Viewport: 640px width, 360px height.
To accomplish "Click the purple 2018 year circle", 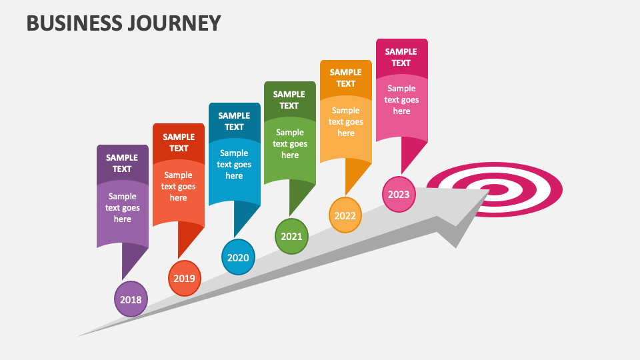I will [x=131, y=299].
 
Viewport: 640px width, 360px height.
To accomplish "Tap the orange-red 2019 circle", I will [x=184, y=278].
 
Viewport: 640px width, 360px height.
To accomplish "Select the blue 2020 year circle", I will [x=237, y=257].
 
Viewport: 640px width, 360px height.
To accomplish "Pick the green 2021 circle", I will [x=291, y=236].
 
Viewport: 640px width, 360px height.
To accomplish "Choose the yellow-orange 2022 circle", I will [x=345, y=215].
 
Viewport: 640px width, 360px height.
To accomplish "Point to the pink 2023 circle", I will [x=399, y=194].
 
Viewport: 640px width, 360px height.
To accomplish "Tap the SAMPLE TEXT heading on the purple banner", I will [x=122, y=163].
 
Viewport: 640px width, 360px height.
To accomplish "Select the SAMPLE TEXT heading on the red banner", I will [x=179, y=143].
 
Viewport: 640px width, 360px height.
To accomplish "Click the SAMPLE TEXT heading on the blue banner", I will [x=234, y=121].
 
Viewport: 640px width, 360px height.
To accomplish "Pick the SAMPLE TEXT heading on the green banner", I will [x=289, y=100].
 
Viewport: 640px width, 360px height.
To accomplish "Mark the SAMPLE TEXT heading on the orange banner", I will [x=345, y=78].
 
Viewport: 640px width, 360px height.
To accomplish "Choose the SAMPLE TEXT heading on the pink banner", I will [x=401, y=57].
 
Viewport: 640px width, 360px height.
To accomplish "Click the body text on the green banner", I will [x=290, y=143].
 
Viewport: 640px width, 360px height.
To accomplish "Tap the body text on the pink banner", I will [x=401, y=99].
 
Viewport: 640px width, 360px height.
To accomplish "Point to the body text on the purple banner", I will [x=122, y=207].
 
